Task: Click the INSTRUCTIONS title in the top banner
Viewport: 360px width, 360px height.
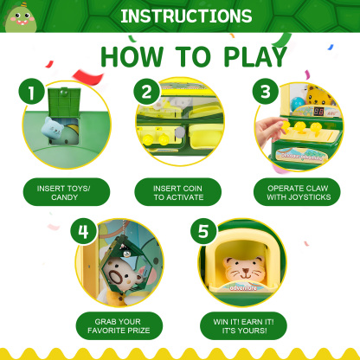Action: (x=186, y=16)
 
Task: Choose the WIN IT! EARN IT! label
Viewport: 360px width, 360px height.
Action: (x=240, y=325)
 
